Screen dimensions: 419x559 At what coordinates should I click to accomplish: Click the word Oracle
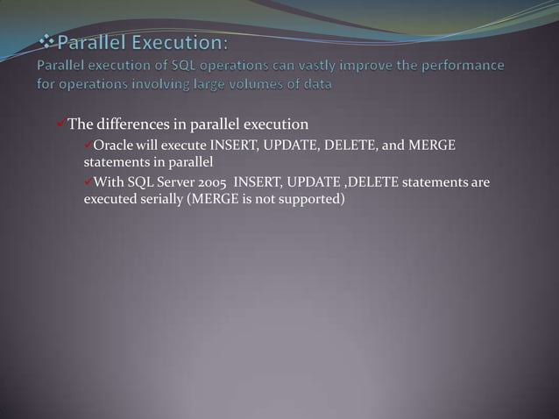pos(113,145)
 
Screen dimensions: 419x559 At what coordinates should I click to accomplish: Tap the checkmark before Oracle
pos(88,144)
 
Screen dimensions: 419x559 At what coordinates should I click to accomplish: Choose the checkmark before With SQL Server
pos(88,181)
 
